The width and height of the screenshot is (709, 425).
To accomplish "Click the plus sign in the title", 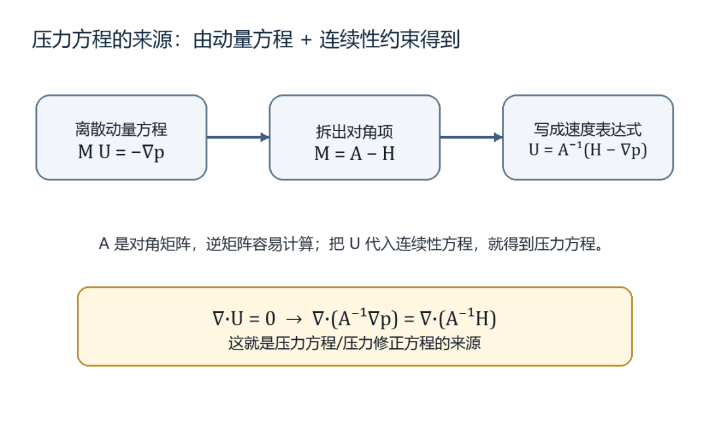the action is (306, 40).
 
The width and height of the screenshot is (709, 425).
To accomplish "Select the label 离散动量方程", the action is (121, 130).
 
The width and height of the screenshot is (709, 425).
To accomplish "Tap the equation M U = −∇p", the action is (121, 152).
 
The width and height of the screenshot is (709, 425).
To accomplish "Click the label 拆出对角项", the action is (354, 132).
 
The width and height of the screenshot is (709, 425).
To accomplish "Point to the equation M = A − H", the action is (354, 153).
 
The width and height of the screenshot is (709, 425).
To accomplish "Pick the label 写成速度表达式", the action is (588, 130).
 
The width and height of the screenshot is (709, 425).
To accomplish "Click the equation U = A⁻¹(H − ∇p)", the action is (588, 150).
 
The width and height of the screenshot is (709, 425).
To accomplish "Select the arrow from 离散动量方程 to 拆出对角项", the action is (238, 137).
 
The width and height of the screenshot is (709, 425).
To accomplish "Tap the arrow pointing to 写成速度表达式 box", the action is (471, 137).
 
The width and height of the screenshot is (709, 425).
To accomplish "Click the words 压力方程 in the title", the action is (65, 39).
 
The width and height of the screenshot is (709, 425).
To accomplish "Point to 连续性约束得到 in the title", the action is (390, 39).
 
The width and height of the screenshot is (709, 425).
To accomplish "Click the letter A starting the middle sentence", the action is (104, 245).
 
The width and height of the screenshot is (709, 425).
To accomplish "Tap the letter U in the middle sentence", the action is (355, 245).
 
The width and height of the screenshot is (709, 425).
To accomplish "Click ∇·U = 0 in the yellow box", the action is (244, 319).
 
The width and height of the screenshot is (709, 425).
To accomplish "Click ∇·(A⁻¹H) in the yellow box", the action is (458, 318).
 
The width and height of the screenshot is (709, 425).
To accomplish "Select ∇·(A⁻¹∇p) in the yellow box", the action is (355, 318).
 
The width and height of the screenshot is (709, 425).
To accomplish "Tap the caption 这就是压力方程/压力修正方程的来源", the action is (354, 343).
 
